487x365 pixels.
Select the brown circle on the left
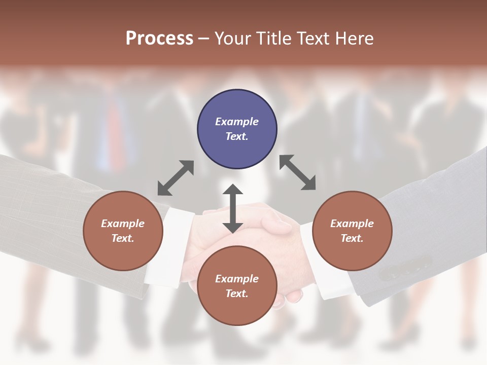point(123,231)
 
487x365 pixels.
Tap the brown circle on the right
point(352,231)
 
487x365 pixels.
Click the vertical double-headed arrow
point(233,208)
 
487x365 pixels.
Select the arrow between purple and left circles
point(176,178)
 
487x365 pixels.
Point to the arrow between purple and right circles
point(298,172)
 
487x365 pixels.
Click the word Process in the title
point(159,38)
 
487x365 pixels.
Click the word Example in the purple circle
point(237,122)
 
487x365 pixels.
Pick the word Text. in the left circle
point(123,238)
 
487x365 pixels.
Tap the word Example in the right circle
point(352,224)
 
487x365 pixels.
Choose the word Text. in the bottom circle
point(237,294)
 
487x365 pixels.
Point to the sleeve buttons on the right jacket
point(405,269)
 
